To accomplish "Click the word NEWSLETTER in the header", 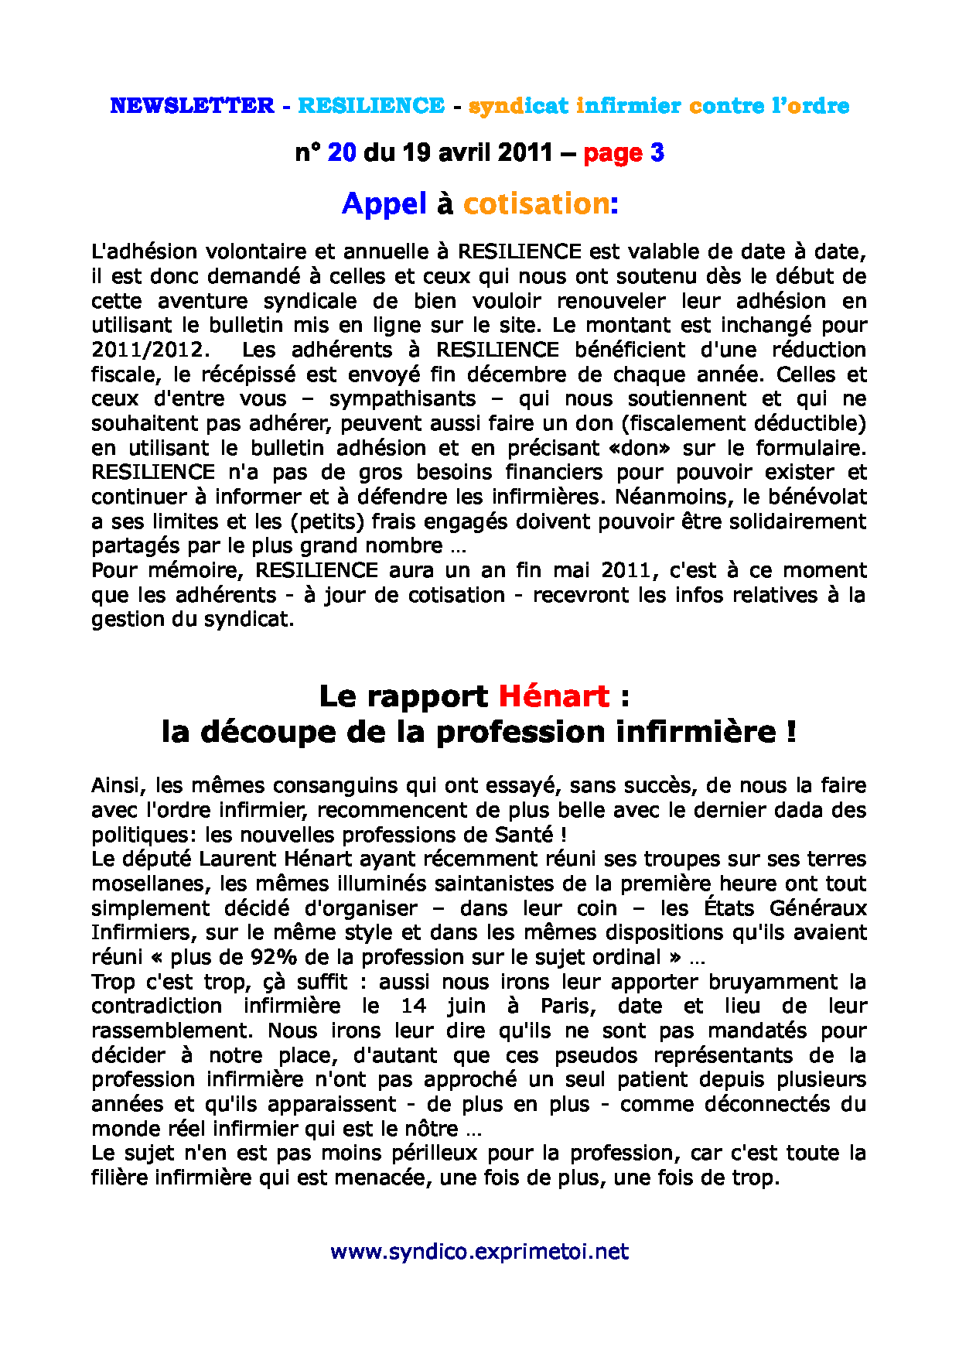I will pyautogui.click(x=192, y=106).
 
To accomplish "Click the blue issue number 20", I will pyautogui.click(x=342, y=152).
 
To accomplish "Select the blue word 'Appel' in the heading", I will pyautogui.click(x=384, y=203).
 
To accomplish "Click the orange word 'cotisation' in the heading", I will pyautogui.click(x=536, y=203).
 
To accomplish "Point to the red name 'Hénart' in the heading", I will pyautogui.click(x=554, y=696).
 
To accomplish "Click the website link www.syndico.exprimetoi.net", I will pyautogui.click(x=479, y=1252).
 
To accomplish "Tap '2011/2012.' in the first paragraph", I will pyautogui.click(x=151, y=350).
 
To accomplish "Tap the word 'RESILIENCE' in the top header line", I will pyautogui.click(x=371, y=106).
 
